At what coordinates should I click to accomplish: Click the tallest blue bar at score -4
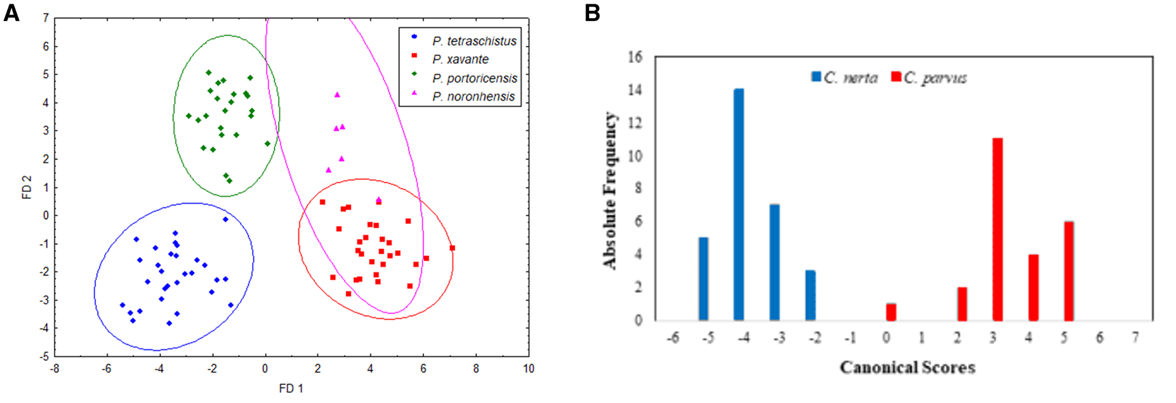point(739,205)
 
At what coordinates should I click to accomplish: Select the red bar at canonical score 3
point(997,230)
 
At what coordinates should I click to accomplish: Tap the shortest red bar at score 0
point(891,312)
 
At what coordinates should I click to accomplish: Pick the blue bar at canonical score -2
point(811,296)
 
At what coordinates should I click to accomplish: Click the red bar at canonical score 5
point(1069,271)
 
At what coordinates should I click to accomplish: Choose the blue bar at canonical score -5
point(703,279)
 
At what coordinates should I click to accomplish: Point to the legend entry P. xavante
point(460,59)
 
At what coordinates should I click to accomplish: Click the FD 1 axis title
point(291,389)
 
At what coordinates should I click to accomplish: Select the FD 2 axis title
point(27,187)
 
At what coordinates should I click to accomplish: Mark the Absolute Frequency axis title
point(610,190)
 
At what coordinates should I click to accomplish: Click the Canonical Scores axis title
point(907,367)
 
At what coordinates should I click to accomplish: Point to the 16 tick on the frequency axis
point(635,57)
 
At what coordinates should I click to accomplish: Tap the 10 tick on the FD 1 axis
point(528,369)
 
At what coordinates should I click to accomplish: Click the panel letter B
point(592,12)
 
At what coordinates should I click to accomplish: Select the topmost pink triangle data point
point(337,95)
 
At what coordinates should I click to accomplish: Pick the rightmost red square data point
point(452,248)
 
